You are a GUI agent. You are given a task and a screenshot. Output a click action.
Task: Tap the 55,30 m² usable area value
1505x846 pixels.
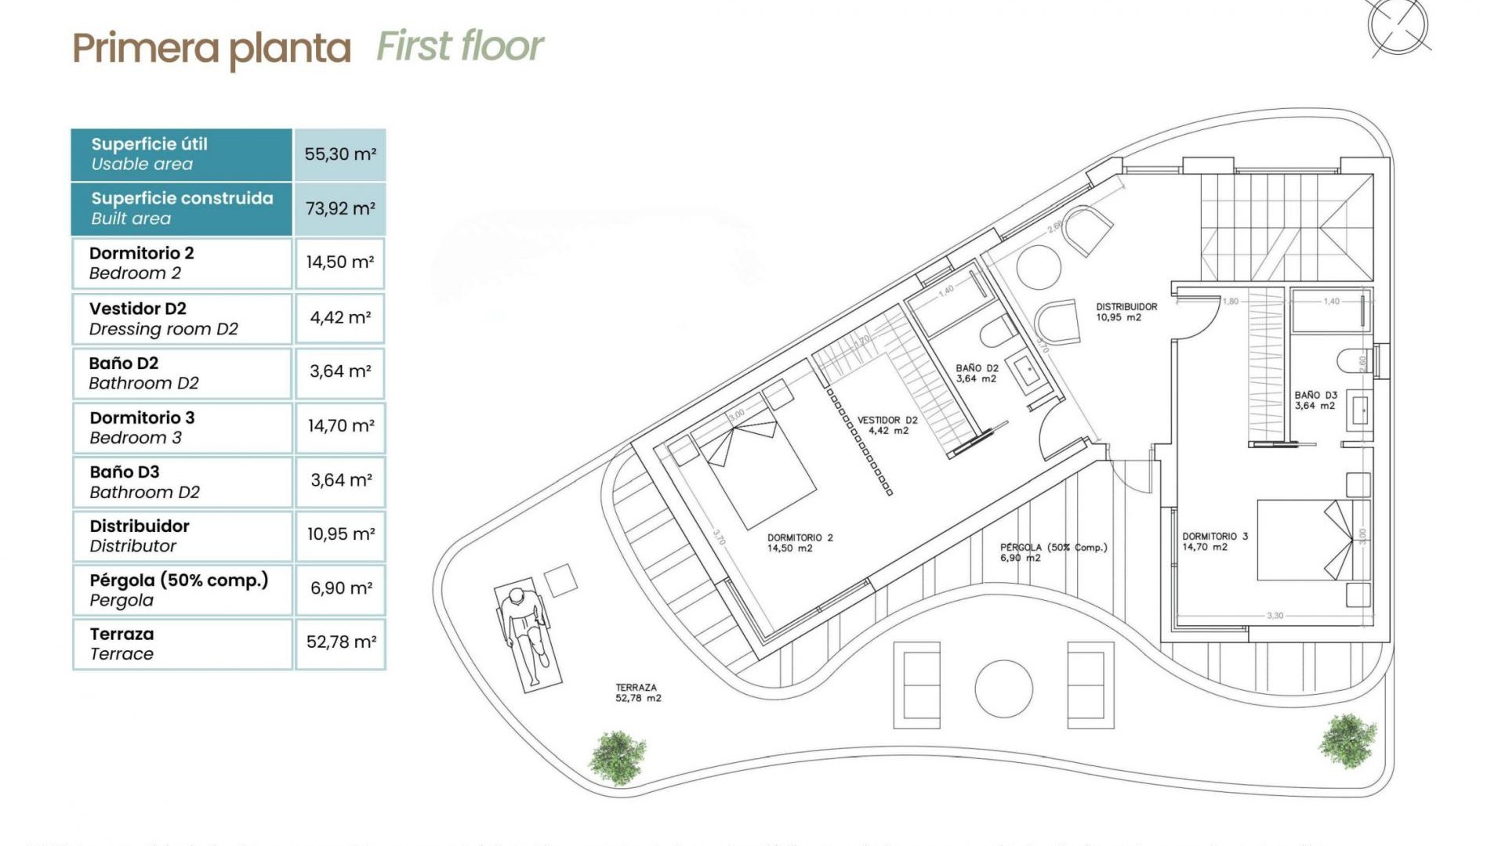pos(340,154)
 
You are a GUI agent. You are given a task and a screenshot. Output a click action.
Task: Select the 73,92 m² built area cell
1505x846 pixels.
pos(340,208)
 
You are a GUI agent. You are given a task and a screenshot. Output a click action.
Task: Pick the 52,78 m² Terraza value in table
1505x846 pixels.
pos(340,642)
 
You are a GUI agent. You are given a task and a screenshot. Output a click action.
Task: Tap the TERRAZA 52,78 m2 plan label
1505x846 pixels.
pos(637,692)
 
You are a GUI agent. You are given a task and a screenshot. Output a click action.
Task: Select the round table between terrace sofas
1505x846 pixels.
pos(1003,689)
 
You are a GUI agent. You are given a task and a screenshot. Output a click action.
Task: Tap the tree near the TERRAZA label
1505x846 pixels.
pos(618,757)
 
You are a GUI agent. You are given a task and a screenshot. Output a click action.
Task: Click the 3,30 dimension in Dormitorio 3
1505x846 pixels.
pos(1275,616)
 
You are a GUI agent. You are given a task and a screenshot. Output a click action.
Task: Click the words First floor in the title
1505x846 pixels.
pos(460,46)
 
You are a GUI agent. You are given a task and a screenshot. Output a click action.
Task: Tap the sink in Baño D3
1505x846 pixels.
pos(1360,410)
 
